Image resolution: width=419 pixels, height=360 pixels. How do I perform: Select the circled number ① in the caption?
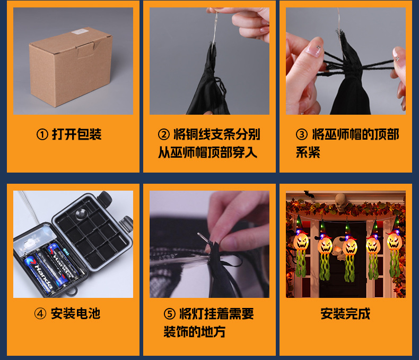(42, 135)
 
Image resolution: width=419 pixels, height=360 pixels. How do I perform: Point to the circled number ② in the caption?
(164, 134)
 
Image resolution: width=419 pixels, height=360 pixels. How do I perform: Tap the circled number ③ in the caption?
(301, 134)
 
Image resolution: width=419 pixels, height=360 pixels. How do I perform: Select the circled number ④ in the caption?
(40, 314)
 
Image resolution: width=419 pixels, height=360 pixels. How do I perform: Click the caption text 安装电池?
(75, 314)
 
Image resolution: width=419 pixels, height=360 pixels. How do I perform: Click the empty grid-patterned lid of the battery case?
(93, 234)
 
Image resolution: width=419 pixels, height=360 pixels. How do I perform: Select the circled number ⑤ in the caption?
(169, 314)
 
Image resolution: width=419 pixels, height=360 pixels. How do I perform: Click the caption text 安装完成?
(345, 314)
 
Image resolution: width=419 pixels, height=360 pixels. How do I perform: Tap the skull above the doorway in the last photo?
(340, 200)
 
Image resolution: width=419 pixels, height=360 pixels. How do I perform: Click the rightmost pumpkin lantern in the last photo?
(394, 242)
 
